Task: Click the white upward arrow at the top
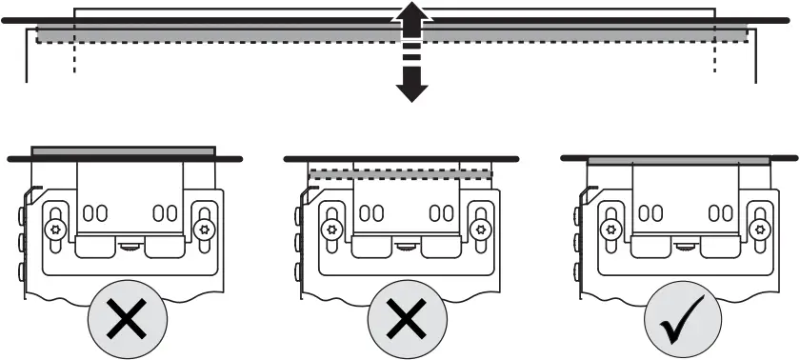pos(410,18)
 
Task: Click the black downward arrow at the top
pos(410,85)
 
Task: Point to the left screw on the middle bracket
pos(330,230)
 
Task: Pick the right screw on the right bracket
pos(759,230)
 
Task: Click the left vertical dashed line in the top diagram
pos(73,57)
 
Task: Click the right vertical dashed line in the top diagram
pos(713,57)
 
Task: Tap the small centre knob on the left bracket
pos(129,246)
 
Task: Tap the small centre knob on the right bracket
pos(683,246)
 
